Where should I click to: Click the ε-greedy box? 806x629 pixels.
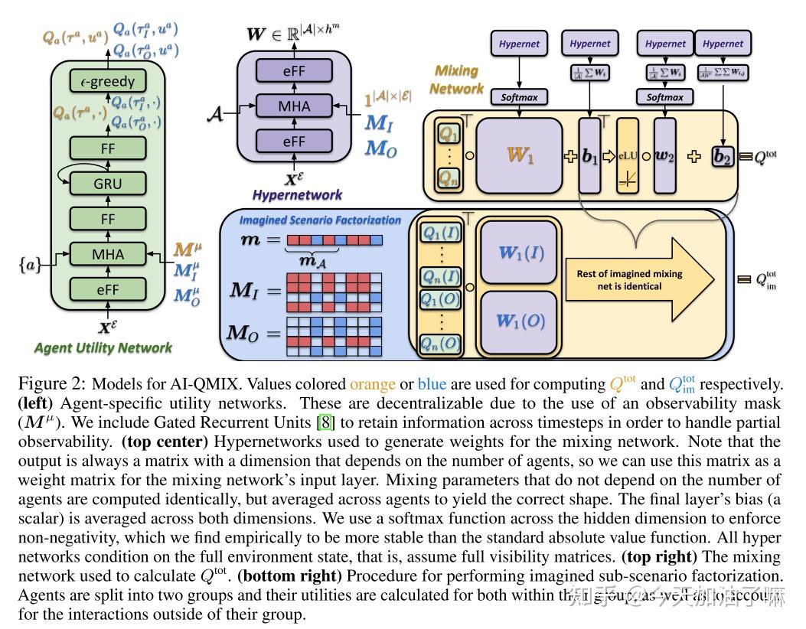point(107,80)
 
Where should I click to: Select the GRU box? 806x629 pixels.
point(107,184)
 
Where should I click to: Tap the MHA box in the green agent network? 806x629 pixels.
point(107,254)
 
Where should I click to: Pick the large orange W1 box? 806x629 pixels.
point(520,155)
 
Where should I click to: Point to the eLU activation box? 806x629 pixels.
point(627,156)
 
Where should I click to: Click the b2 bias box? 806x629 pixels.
point(723,156)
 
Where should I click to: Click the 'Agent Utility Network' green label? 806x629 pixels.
point(103,348)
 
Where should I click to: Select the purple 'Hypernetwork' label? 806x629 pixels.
point(296,195)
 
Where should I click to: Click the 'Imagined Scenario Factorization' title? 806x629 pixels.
point(319,220)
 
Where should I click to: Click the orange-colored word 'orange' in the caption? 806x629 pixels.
point(374,384)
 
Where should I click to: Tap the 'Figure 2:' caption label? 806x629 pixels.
point(53,384)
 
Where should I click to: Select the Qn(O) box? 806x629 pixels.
point(440,345)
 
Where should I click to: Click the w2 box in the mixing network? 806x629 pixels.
point(665,156)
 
